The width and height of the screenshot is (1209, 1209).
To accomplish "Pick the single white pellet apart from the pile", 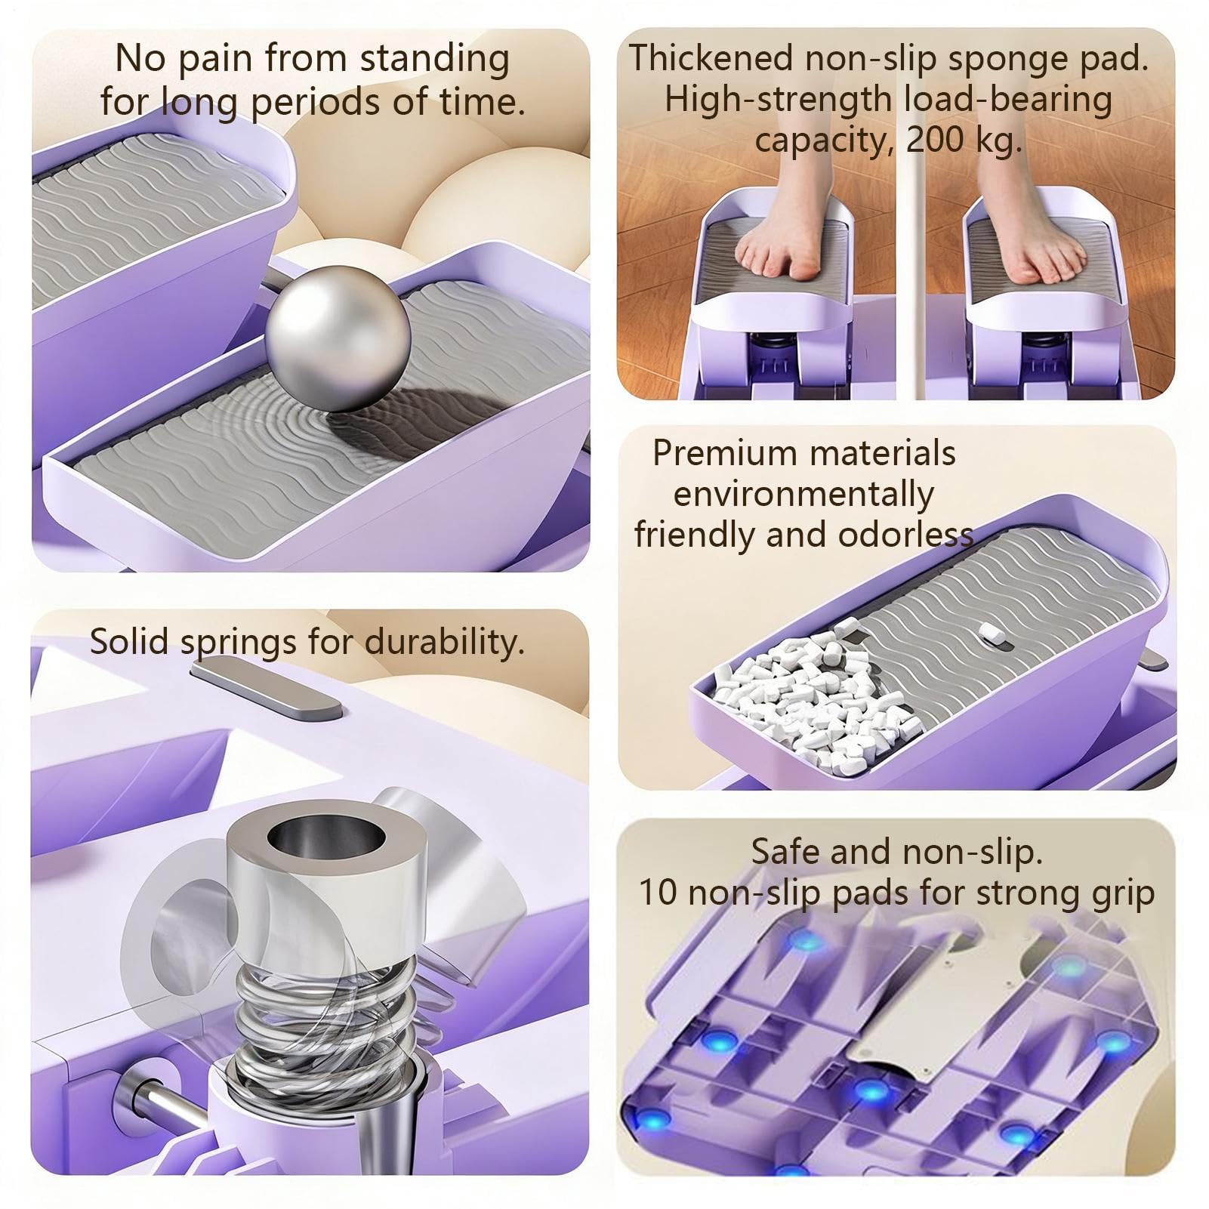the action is pyautogui.click(x=992, y=634).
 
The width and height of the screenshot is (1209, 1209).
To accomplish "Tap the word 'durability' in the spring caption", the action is pyautogui.click(x=443, y=643).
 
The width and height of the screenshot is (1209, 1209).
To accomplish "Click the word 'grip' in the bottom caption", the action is pyautogui.click(x=1127, y=895).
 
